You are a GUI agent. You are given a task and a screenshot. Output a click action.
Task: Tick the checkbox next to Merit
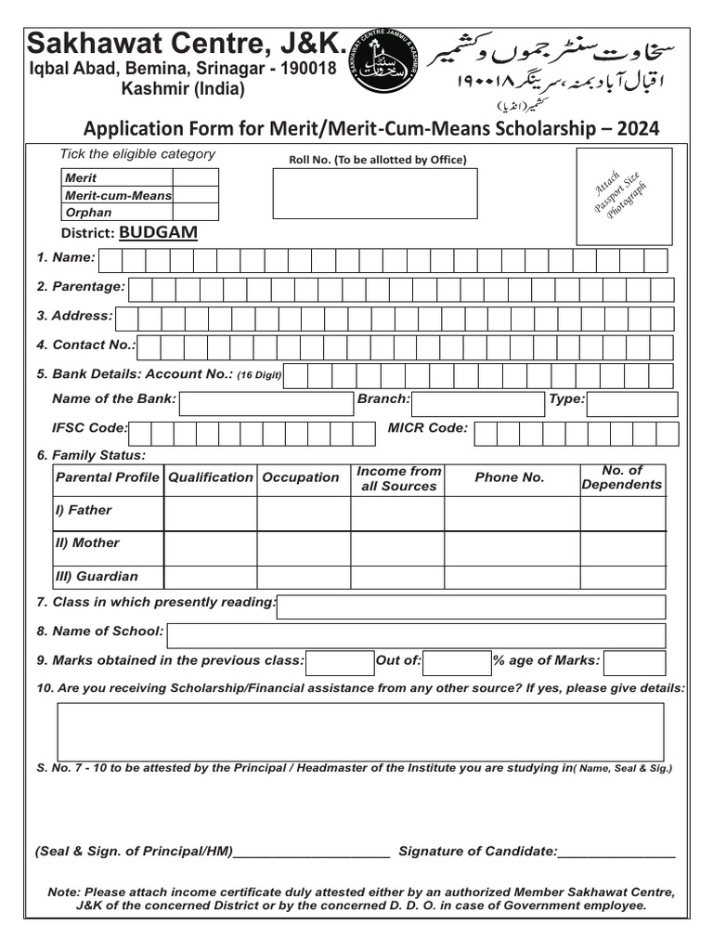195,177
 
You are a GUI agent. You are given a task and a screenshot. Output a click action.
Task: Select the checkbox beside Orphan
195,213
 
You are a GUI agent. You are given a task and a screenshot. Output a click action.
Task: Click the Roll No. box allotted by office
375,193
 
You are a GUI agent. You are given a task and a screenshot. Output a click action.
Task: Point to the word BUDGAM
158,232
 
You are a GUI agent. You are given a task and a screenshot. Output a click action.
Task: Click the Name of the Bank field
266,404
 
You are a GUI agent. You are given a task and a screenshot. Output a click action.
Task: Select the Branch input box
477,404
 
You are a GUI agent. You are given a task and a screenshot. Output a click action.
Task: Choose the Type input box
632,404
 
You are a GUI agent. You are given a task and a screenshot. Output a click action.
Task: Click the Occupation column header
301,477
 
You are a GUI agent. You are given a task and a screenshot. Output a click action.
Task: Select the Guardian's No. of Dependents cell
622,577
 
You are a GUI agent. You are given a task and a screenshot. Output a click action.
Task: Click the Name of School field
415,635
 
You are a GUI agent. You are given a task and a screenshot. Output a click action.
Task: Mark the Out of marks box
457,662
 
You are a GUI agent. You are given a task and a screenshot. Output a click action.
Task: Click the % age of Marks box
634,662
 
